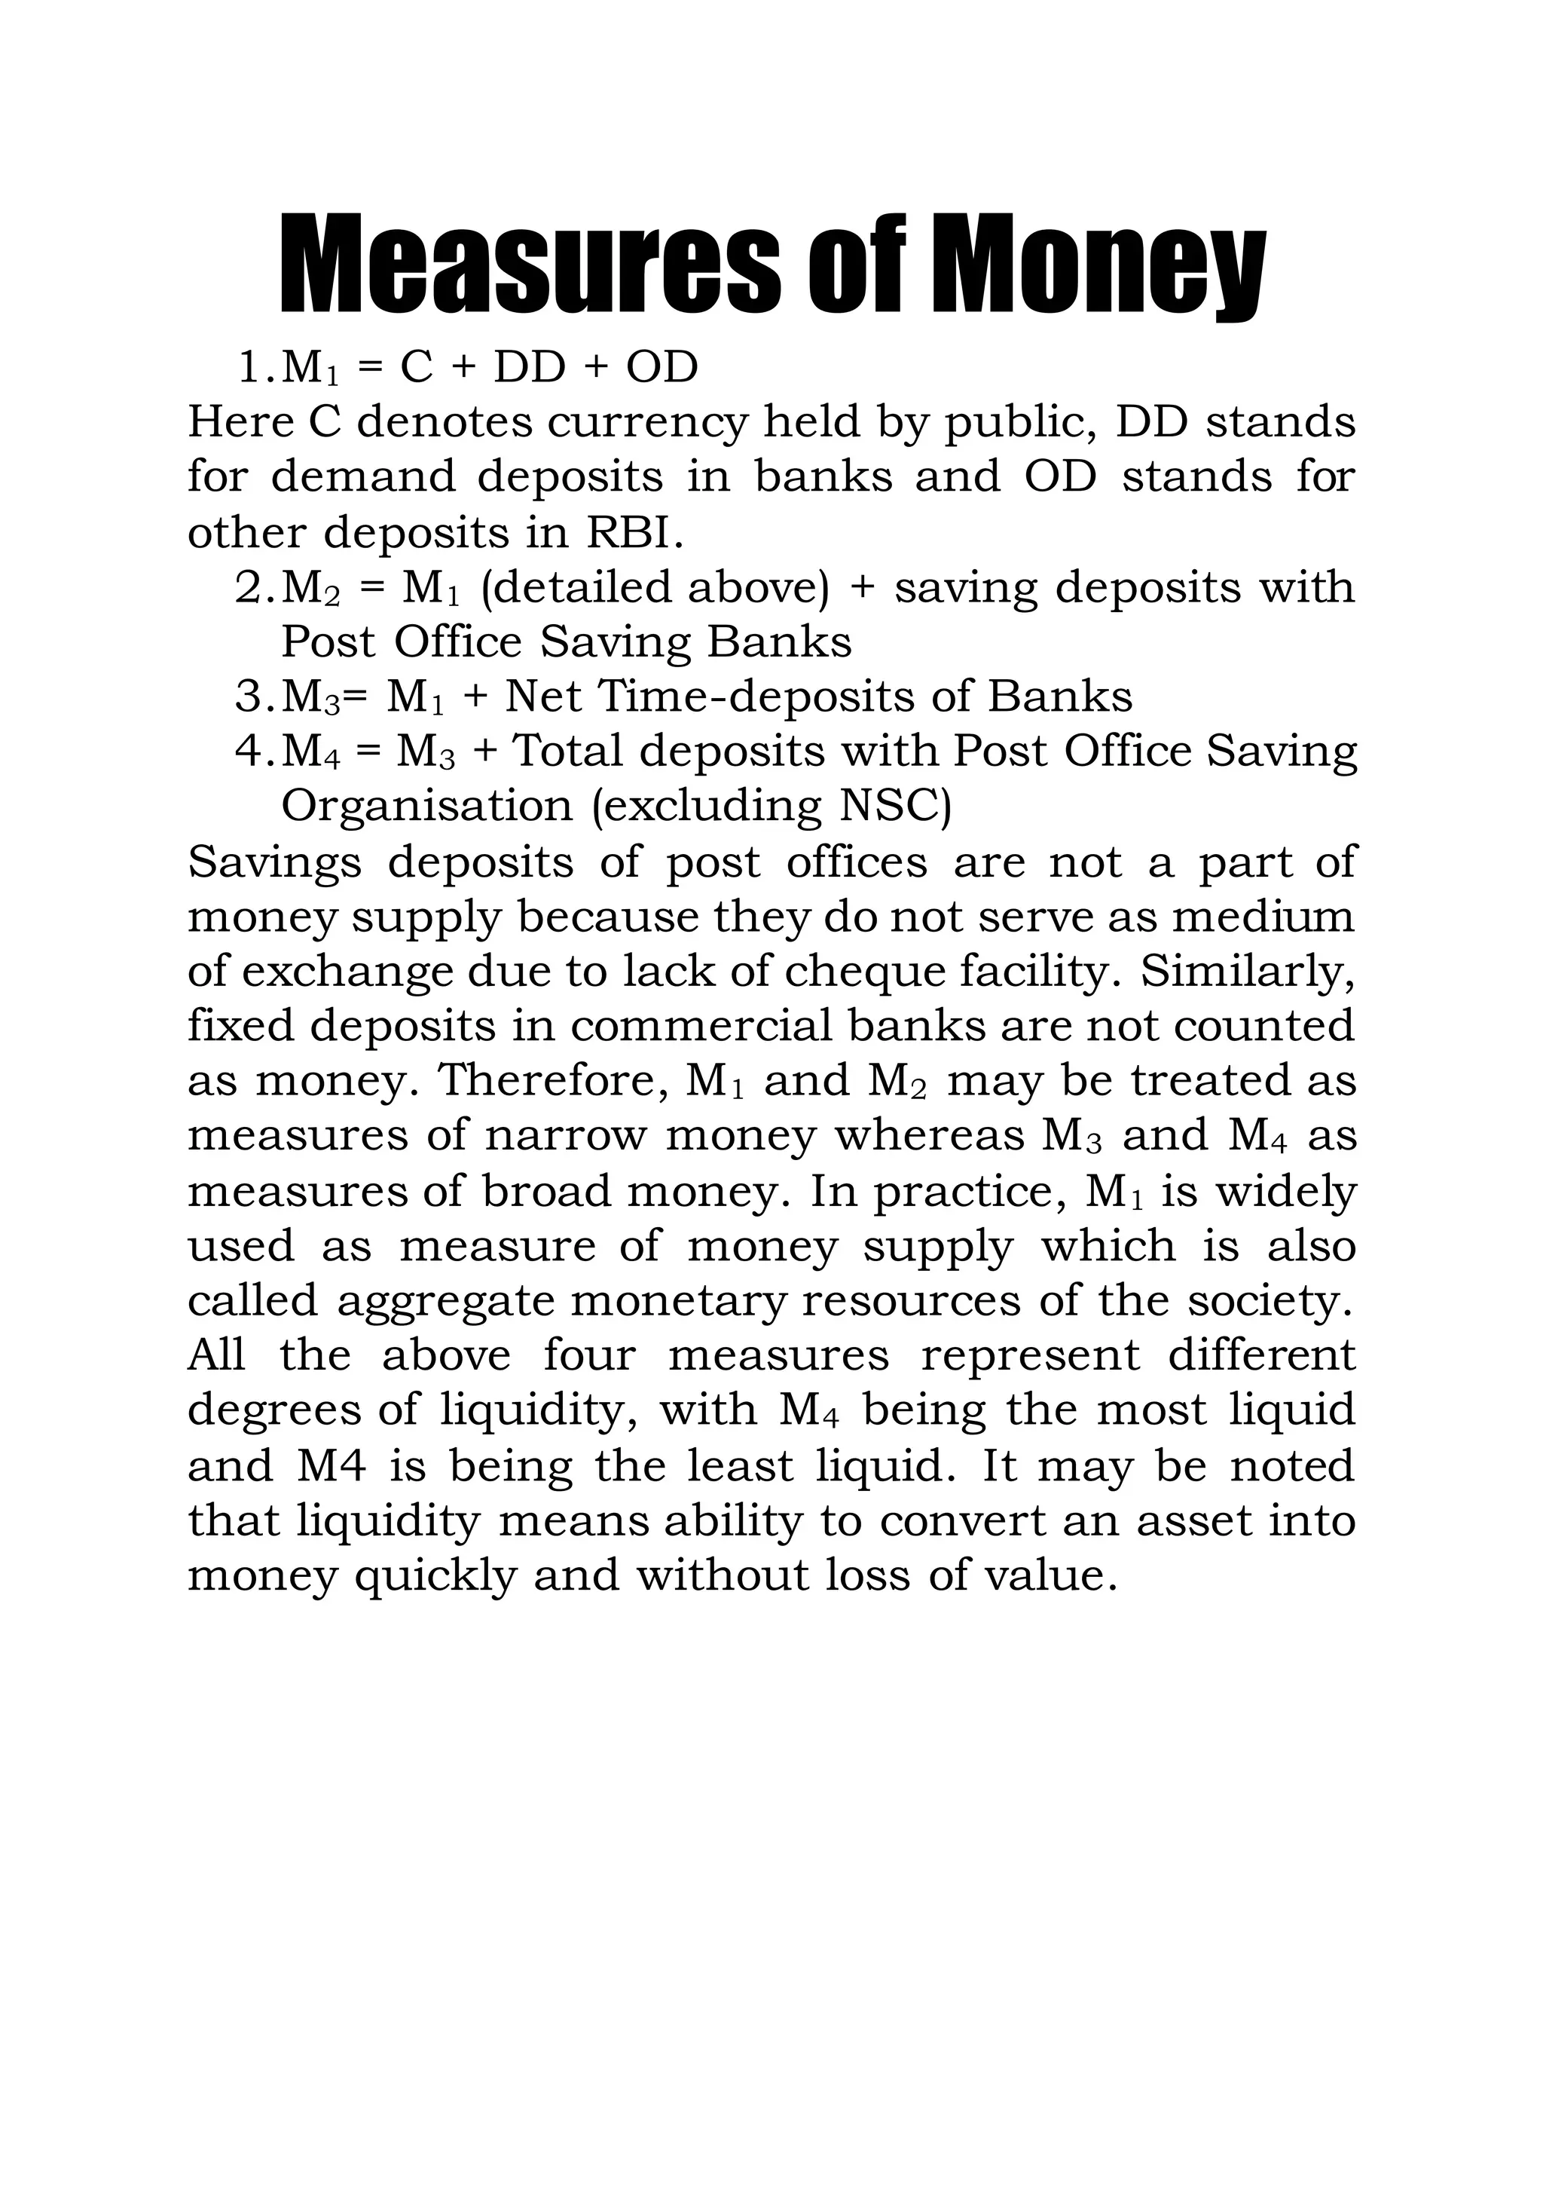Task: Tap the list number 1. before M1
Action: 255,369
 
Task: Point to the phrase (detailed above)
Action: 655,587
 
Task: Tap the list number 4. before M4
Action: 255,752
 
